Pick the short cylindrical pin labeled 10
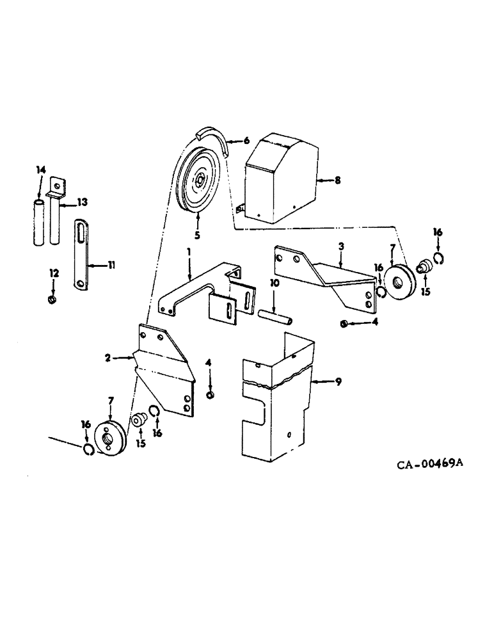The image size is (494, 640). [276, 316]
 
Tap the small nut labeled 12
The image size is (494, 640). [53, 299]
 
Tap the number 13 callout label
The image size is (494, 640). [82, 202]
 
